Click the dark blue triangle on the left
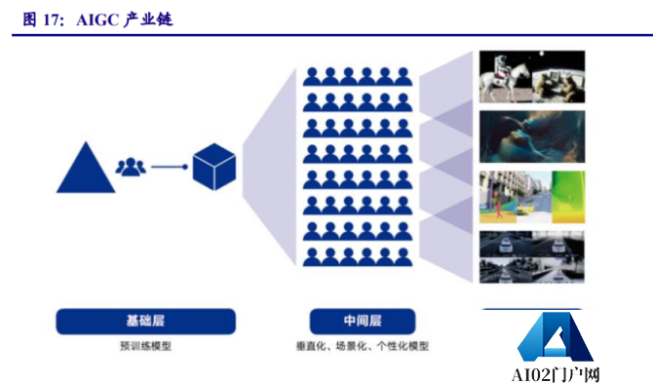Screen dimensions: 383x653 pyautogui.click(x=87, y=169)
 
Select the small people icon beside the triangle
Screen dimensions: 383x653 pyautogui.click(x=130, y=167)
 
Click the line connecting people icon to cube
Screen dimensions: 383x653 pyautogui.click(x=169, y=167)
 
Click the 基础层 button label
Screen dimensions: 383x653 pyautogui.click(x=145, y=321)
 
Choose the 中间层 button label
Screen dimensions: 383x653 pyautogui.click(x=363, y=321)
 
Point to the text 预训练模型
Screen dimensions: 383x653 pyautogui.click(x=145, y=345)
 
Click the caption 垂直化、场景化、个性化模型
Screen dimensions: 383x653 pyautogui.click(x=363, y=345)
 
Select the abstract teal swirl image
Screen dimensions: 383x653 pyautogui.click(x=531, y=135)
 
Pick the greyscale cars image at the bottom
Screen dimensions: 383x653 pyautogui.click(x=531, y=255)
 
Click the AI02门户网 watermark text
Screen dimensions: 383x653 pyautogui.click(x=555, y=373)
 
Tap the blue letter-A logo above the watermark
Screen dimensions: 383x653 pyautogui.click(x=554, y=337)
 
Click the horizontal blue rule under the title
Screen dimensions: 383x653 pyautogui.click(x=326, y=35)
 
